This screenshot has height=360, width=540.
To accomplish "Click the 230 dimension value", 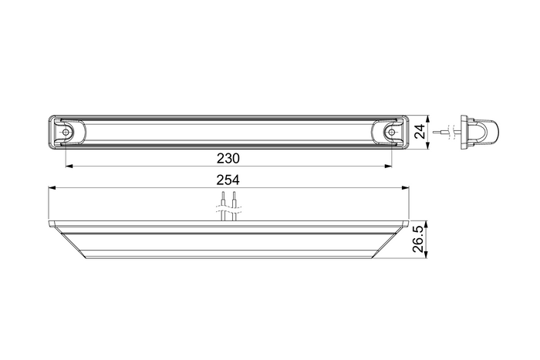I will tap(228, 158).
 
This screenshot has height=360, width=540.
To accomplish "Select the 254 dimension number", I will tap(228, 180).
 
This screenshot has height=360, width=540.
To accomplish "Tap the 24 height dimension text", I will tap(420, 132).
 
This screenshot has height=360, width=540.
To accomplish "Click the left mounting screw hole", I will tap(67, 133).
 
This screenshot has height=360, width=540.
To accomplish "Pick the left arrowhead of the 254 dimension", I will tap(52, 187).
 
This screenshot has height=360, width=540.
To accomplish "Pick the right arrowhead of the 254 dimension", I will tap(406, 187).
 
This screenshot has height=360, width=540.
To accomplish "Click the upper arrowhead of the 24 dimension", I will tap(428, 118).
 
